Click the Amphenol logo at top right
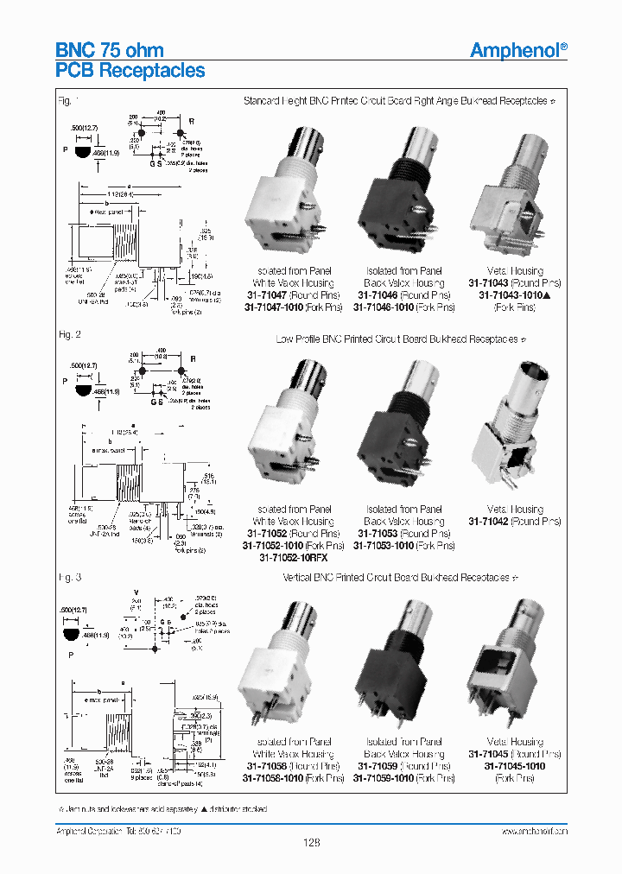coord(518,50)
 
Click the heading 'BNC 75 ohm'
coord(110,50)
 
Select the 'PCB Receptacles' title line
coord(130,71)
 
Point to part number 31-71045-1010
coord(515,765)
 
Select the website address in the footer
coord(534,831)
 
